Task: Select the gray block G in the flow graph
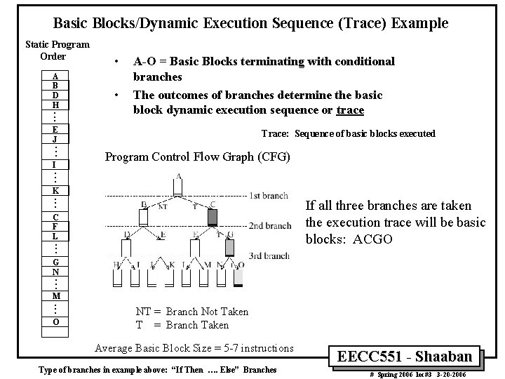click(229, 247)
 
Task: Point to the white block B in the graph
click(143, 217)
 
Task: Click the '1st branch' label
click(269, 194)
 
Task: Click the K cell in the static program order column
click(55, 191)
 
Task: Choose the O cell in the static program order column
click(55, 321)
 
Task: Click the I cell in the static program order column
click(55, 164)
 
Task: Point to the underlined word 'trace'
click(351, 109)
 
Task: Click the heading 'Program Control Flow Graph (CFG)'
click(197, 157)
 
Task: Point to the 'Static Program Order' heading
click(57, 51)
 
